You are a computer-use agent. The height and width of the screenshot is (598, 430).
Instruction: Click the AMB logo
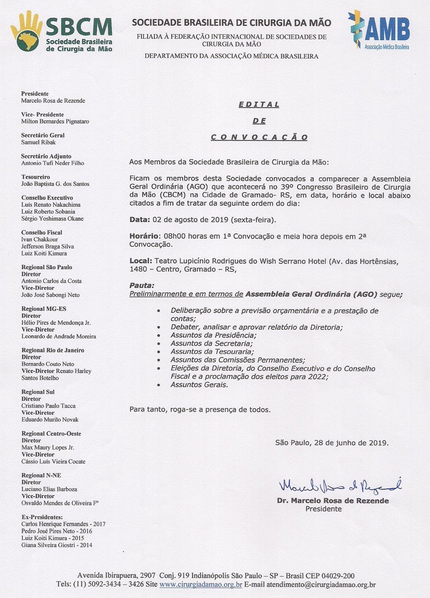click(x=380, y=30)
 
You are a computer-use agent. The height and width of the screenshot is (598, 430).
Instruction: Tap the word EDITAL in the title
click(x=259, y=104)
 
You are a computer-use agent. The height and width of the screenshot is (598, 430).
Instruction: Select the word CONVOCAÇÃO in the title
click(x=259, y=138)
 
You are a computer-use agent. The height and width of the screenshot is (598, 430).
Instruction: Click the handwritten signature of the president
click(x=340, y=486)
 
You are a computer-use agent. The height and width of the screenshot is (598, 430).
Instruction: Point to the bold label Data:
click(x=139, y=220)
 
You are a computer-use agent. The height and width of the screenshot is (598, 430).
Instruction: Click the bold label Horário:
click(x=145, y=235)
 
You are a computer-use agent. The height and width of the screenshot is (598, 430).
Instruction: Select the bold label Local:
click(x=141, y=261)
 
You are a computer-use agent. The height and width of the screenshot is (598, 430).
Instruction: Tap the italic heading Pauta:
click(x=142, y=286)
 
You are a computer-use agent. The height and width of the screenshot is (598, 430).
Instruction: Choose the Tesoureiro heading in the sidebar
click(x=36, y=177)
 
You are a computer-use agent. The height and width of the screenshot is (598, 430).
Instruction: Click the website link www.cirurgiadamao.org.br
click(x=201, y=585)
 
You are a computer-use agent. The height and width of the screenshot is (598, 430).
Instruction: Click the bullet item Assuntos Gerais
click(x=199, y=385)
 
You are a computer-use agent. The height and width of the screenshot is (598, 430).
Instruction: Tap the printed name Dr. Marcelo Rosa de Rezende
click(x=332, y=501)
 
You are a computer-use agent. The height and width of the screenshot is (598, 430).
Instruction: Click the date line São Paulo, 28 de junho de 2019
click(x=332, y=442)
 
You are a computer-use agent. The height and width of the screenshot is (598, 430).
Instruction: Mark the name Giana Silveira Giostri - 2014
click(x=57, y=545)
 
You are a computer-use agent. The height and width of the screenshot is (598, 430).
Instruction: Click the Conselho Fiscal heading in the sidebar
click(x=42, y=233)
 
